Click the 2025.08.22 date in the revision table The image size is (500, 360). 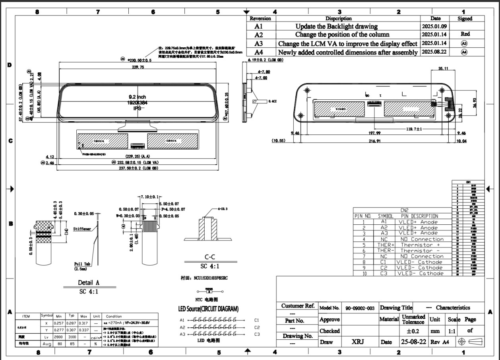click(x=435, y=52)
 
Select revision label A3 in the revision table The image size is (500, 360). click(x=259, y=44)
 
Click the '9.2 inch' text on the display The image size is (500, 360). click(x=137, y=97)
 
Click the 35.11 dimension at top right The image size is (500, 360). click(x=443, y=69)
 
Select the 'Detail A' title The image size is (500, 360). click(x=89, y=282)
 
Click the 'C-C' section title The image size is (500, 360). click(x=212, y=257)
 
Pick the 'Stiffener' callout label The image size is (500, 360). click(x=82, y=229)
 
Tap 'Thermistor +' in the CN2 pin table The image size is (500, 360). click(x=420, y=245)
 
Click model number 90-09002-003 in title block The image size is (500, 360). click(x=360, y=308)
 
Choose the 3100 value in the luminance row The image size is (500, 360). click(x=72, y=337)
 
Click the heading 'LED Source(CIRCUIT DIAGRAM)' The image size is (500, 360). click(x=208, y=309)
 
